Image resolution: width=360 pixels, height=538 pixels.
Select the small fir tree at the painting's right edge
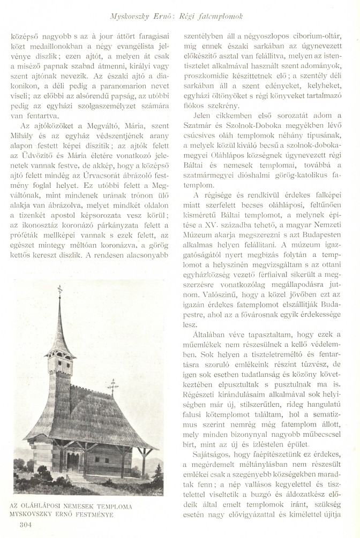(159, 471)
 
